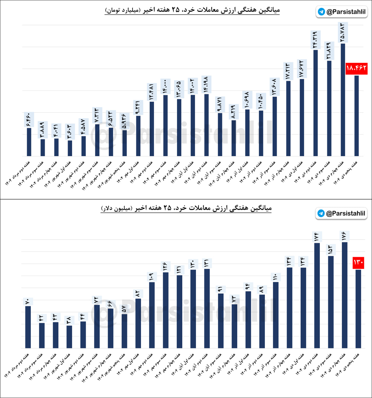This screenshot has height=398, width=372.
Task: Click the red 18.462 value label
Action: [356, 68]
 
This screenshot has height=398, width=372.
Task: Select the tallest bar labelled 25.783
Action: [343, 99]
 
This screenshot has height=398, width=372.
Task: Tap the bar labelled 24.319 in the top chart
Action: [315, 103]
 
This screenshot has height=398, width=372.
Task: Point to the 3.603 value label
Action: [70, 132]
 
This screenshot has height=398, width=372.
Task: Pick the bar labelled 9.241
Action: [138, 136]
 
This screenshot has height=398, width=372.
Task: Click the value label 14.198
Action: [206, 84]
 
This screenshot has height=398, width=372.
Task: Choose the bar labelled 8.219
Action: [234, 138]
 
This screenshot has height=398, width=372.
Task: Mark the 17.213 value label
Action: [288, 71]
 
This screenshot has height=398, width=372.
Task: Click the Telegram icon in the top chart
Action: [321, 12]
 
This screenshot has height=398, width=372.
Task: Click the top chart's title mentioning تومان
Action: [192, 10]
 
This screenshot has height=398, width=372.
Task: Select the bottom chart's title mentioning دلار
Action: [186, 208]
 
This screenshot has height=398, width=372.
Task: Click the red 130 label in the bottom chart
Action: [358, 262]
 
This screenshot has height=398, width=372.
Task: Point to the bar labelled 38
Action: [69, 337]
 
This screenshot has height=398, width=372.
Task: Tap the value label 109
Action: [152, 277]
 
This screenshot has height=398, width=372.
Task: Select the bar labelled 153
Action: [331, 302]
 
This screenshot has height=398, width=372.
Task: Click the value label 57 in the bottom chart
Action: [124, 309]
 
